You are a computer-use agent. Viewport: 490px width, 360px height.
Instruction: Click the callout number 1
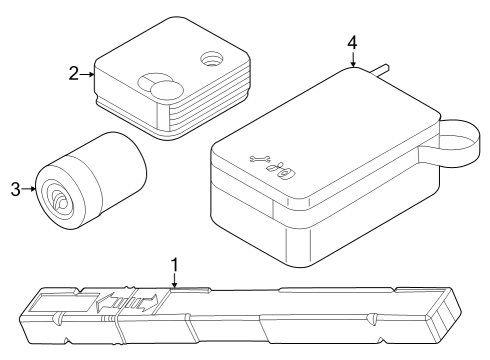pos(175,265)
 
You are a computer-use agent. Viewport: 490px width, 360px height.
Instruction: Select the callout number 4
pos(352,44)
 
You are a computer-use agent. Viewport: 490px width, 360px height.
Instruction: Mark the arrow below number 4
pos(353,63)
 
